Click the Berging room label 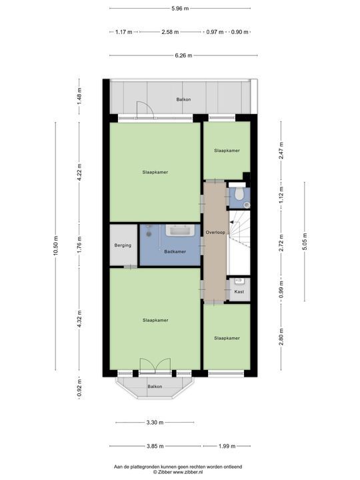tap(123, 245)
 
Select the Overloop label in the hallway tap(215, 233)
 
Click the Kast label tap(239, 291)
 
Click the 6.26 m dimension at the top tap(180, 55)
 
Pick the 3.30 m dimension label tap(154, 422)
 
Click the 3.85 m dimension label tap(154, 446)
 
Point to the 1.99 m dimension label tap(227, 446)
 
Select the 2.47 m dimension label tap(281, 151)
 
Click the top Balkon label tap(183, 99)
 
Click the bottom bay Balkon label tap(155, 386)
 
